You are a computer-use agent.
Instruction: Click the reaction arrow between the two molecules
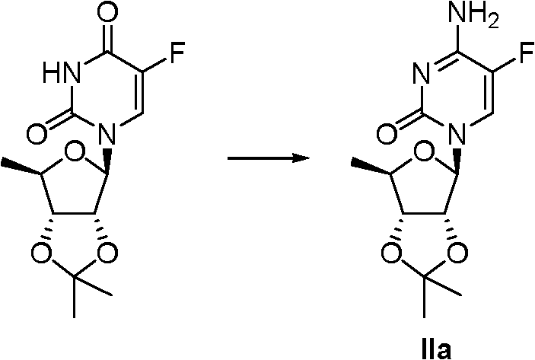269,158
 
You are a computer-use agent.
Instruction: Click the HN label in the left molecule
61,73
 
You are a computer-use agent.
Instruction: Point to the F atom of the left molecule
177,53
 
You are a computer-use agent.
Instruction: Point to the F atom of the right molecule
527,53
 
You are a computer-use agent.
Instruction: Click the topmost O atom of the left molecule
107,12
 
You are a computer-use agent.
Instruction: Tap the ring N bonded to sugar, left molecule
107,133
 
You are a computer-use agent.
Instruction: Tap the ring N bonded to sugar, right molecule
457,133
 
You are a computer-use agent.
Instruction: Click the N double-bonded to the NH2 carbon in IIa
422,73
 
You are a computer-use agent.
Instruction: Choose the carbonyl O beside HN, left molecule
37,133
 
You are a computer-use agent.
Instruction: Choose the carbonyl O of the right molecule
387,133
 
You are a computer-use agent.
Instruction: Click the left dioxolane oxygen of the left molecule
41,253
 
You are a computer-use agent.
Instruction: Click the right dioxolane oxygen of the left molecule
108,253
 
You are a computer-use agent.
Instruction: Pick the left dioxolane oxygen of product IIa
391,253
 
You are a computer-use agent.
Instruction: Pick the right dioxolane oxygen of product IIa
458,253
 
